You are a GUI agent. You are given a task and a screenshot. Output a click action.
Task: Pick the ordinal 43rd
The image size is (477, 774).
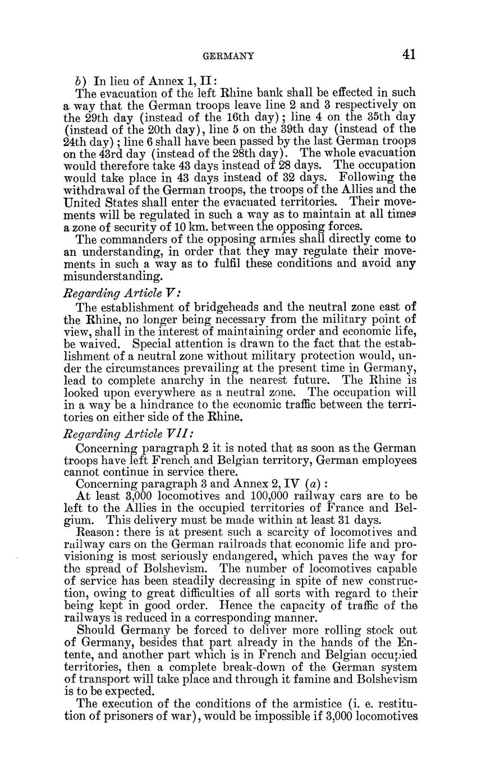coord(113,154)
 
